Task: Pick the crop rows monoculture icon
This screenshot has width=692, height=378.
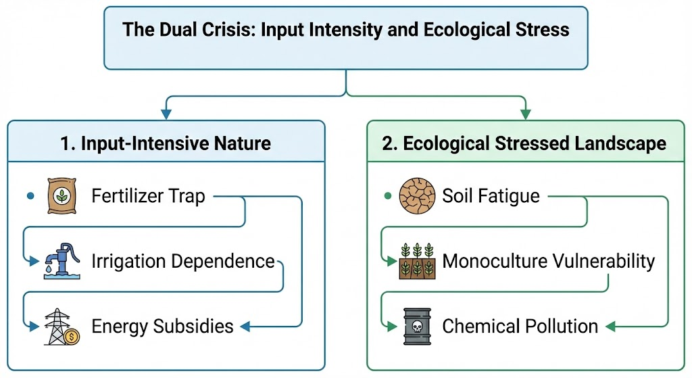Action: (x=417, y=261)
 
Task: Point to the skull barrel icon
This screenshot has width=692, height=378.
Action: (x=417, y=326)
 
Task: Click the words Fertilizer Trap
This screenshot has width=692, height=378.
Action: (x=148, y=197)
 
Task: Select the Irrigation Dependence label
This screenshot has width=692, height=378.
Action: (x=183, y=262)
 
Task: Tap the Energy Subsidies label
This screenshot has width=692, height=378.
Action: (x=162, y=327)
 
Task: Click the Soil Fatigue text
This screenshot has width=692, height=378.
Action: (x=491, y=197)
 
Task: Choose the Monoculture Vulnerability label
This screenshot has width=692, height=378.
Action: (x=548, y=262)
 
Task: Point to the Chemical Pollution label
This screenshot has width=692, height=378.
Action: (x=520, y=327)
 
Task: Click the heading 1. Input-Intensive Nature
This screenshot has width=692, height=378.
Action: (x=166, y=143)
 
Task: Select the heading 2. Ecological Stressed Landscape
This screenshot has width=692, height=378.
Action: (x=524, y=143)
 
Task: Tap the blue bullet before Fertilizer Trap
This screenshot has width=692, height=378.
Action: (x=29, y=197)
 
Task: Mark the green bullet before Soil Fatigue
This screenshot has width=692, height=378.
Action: (x=387, y=197)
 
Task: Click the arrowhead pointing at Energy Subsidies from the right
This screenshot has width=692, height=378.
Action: (x=245, y=327)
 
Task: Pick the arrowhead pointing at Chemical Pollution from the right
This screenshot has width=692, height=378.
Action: (x=610, y=327)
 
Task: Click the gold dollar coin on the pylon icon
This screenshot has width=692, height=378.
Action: (x=74, y=334)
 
